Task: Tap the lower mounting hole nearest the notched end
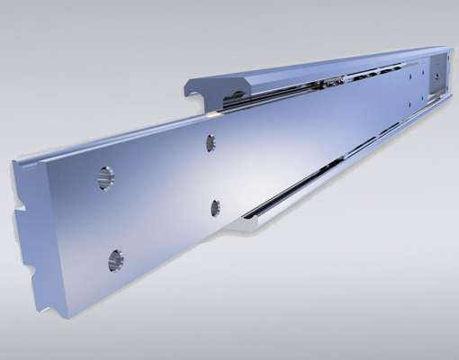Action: tap(115, 261)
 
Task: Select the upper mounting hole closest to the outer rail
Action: tap(210, 142)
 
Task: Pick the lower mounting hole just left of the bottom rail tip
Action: tap(215, 208)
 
